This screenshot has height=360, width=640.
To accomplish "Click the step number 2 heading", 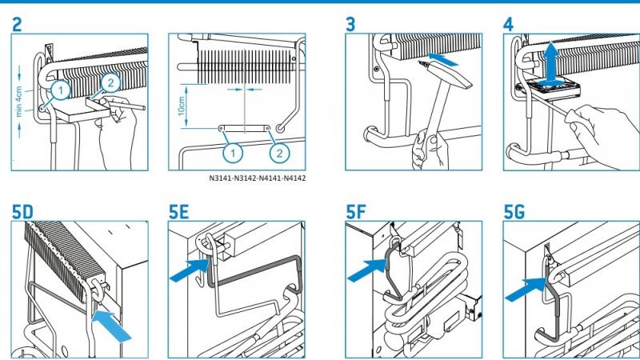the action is [17, 25].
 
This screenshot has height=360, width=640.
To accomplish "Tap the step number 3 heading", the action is [350, 25].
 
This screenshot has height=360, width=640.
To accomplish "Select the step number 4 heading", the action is [508, 25].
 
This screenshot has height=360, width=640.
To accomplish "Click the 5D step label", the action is [22, 212].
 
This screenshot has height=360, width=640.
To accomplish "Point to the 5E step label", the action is [179, 212].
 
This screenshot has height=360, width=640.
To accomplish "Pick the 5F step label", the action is [356, 212].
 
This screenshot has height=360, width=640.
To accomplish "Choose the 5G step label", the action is [514, 212].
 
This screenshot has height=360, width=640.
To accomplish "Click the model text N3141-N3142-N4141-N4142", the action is [257, 178].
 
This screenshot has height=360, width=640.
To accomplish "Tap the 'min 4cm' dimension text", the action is [18, 102].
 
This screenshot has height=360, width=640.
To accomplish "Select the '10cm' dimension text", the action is [182, 106].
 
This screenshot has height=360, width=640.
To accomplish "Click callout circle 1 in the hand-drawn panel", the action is [61, 90].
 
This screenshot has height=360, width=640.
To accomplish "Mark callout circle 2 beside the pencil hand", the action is [110, 83].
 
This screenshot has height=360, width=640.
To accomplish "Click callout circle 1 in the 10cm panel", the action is [233, 153].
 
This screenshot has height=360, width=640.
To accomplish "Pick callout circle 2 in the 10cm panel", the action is [279, 153].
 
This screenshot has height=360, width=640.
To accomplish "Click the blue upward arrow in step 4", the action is [551, 63].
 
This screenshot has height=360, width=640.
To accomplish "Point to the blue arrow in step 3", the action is [444, 58].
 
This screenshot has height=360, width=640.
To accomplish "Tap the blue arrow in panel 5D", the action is [111, 326].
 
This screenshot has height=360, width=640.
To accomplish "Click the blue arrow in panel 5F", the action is [367, 270].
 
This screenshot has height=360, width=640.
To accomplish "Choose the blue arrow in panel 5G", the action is [526, 289].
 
